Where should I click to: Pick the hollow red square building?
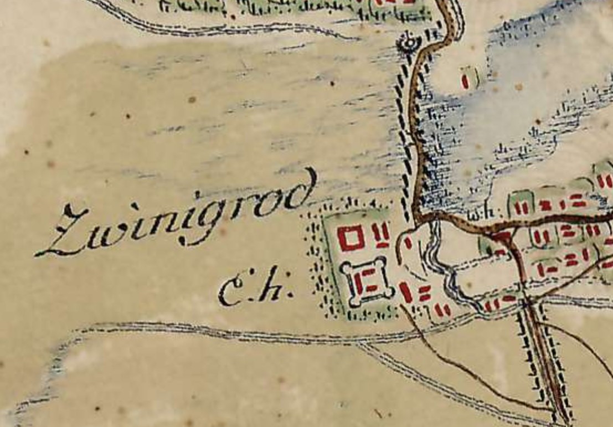click(x=351, y=238)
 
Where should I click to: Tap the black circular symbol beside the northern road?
click(x=410, y=42)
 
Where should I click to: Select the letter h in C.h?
click(x=275, y=288)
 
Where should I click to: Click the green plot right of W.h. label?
click(x=521, y=205)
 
